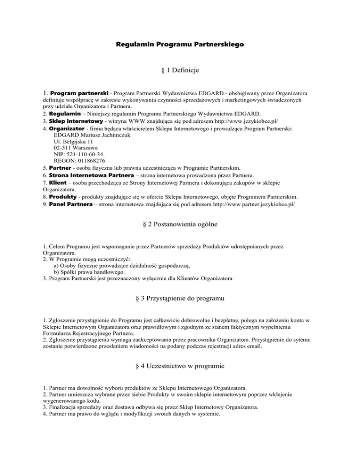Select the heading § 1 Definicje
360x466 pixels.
pos(180,70)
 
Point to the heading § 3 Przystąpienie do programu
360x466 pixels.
pos(180,298)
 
